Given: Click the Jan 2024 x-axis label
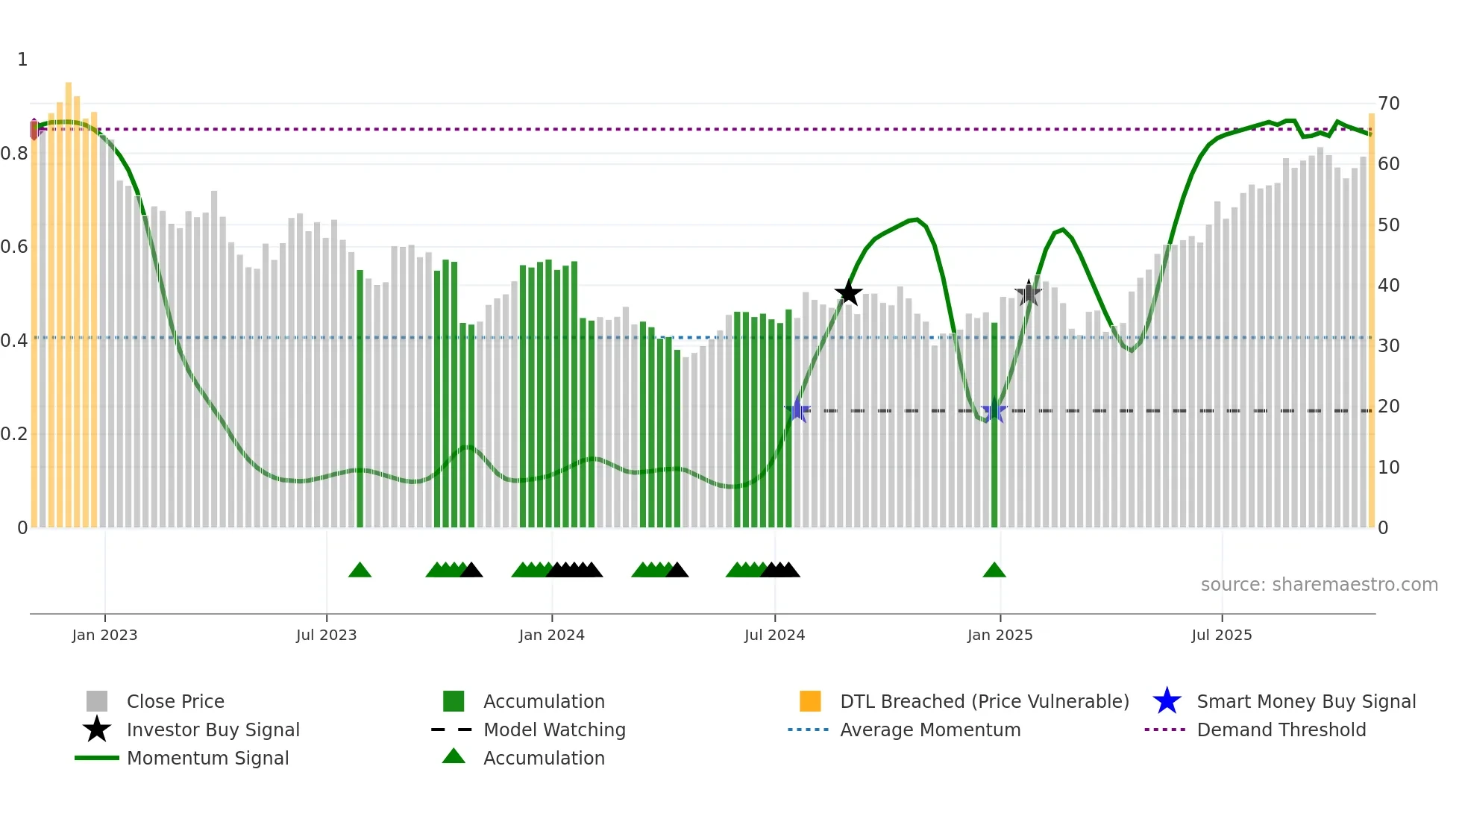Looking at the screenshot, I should pos(551,635).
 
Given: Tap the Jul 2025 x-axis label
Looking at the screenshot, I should pos(1221,635).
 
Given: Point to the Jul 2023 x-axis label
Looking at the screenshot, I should pos(326,635).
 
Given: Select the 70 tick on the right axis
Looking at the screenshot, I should pos(1388,104).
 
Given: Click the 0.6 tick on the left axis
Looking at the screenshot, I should pos(14,247).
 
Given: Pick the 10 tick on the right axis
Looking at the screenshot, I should pos(1388,468).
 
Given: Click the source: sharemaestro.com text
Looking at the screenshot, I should pos(1319,585).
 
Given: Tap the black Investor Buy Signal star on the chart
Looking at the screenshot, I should pos(848,293).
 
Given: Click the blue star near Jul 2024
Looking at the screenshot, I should pos(797,410).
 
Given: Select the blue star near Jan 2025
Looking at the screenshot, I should pos(994,411).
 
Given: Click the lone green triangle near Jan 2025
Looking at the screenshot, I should pos(994,571).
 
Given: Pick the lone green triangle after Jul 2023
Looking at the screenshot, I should pos(360,571).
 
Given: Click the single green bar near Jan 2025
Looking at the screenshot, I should pos(994,425).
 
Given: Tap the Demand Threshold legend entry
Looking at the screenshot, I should pos(1281,730).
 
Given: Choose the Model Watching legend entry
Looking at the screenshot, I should pos(553,730).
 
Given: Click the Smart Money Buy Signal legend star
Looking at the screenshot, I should pos(1167,701).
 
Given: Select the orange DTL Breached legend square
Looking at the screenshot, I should pos(810,701).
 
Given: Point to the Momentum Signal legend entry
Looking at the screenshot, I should pos(207,758).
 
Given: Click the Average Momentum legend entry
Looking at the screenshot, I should pos(929,730).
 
